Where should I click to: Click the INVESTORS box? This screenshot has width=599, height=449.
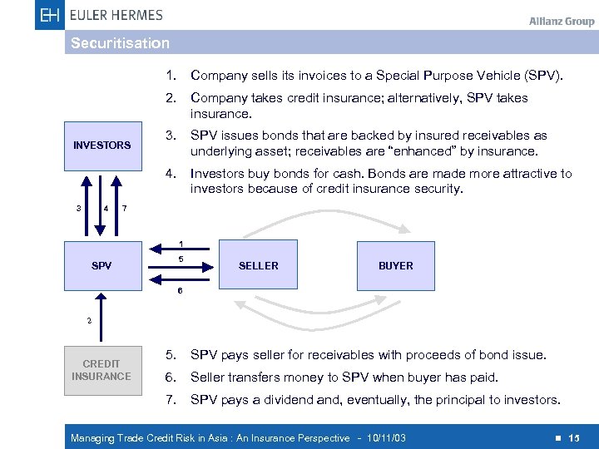pyautogui.click(x=101, y=145)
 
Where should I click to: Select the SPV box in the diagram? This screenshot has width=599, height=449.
pyautogui.click(x=101, y=266)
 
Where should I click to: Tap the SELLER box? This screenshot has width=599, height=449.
pyautogui.click(x=258, y=266)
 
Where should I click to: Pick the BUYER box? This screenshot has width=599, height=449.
pyautogui.click(x=395, y=266)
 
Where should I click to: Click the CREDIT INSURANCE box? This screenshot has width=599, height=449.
pyautogui.click(x=101, y=370)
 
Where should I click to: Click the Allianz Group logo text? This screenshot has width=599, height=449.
pyautogui.click(x=562, y=21)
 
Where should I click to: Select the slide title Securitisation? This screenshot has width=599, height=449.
pyautogui.click(x=120, y=43)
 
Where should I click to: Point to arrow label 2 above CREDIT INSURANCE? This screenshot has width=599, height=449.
pyautogui.click(x=90, y=320)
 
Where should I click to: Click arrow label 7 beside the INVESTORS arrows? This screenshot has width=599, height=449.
pyautogui.click(x=124, y=208)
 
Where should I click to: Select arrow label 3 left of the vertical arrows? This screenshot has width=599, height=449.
pyautogui.click(x=78, y=208)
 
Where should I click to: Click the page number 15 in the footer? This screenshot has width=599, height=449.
pyautogui.click(x=574, y=438)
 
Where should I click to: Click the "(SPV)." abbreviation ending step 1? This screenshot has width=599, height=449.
pyautogui.click(x=544, y=76)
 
